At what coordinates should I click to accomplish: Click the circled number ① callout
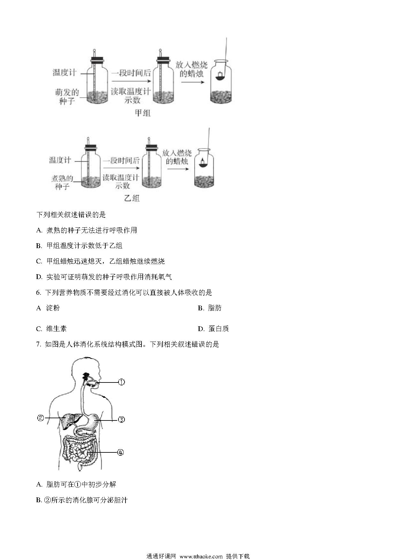(x=121, y=382)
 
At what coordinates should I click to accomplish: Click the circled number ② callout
(x=41, y=418)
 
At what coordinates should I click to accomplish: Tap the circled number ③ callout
(x=121, y=420)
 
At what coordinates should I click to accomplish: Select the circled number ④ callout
(x=120, y=452)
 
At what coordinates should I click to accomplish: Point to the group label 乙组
(x=132, y=198)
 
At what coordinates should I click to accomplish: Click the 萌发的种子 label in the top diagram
(x=67, y=97)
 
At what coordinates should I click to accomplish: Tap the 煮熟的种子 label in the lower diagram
(x=62, y=182)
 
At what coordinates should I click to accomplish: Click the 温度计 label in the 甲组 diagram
(x=65, y=72)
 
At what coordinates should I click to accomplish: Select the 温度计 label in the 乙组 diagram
(x=60, y=160)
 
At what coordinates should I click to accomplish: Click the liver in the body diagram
(x=70, y=420)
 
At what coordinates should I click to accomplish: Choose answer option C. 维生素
(x=51, y=329)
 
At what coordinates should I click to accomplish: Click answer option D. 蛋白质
(x=213, y=329)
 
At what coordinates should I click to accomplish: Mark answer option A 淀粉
(x=48, y=308)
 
